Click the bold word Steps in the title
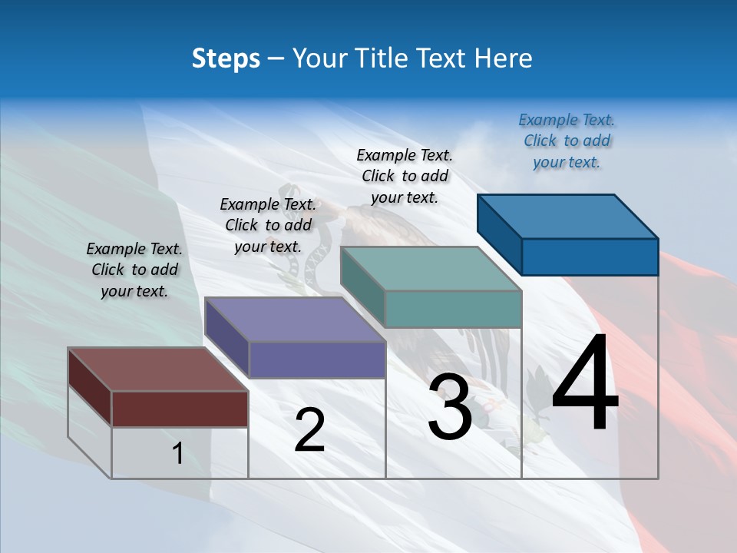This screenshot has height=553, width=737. tap(226, 58)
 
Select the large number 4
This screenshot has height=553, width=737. tap(585, 384)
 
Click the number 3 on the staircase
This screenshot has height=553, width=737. tap(450, 408)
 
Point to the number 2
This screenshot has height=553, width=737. tap(309, 430)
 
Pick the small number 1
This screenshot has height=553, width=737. tap(178, 454)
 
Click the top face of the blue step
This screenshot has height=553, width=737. tap(568, 216)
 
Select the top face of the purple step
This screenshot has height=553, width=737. tap(295, 320)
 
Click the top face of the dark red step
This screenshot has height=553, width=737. tap(158, 369)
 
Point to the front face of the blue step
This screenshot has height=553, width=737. tap(590, 257)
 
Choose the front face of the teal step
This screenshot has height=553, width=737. tap(453, 309)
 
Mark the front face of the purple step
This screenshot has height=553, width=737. tap(316, 359)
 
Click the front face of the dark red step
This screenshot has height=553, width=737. tap(180, 409)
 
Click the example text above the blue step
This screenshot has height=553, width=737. tap(567, 141)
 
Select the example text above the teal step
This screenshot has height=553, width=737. tap(405, 177)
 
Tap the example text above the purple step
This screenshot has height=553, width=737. tap(268, 225)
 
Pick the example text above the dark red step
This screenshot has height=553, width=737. tap(134, 270)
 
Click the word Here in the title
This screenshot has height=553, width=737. tap(503, 58)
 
